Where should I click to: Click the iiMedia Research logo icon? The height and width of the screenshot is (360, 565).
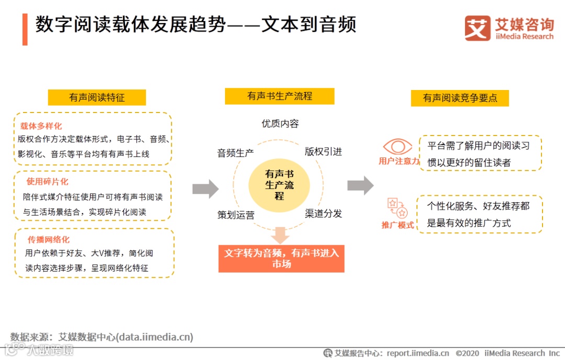point(477,28)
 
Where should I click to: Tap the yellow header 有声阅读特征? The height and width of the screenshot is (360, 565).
point(97,97)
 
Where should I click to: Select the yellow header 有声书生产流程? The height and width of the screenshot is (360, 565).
point(279,96)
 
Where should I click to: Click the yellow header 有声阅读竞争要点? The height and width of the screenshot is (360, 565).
point(460,98)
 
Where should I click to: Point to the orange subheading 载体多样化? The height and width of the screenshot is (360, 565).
point(41,126)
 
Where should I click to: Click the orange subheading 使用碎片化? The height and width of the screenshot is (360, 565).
point(48,182)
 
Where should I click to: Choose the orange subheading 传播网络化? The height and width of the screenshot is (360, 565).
point(49,239)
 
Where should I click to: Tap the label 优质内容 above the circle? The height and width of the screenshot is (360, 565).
point(280,124)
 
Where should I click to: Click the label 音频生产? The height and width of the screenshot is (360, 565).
point(235,153)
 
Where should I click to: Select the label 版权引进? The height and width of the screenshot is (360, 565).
point(323,152)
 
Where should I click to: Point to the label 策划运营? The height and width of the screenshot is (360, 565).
point(236,215)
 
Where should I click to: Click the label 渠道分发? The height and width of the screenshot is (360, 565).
point(323,213)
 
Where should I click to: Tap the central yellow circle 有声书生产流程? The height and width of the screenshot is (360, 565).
point(279,185)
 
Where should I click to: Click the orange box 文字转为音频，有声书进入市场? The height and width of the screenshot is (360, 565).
point(281,258)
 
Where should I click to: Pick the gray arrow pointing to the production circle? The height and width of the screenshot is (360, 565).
point(206,188)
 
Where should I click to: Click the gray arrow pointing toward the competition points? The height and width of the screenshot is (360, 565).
point(360,185)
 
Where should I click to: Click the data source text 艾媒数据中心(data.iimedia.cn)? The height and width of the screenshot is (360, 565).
point(126,337)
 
